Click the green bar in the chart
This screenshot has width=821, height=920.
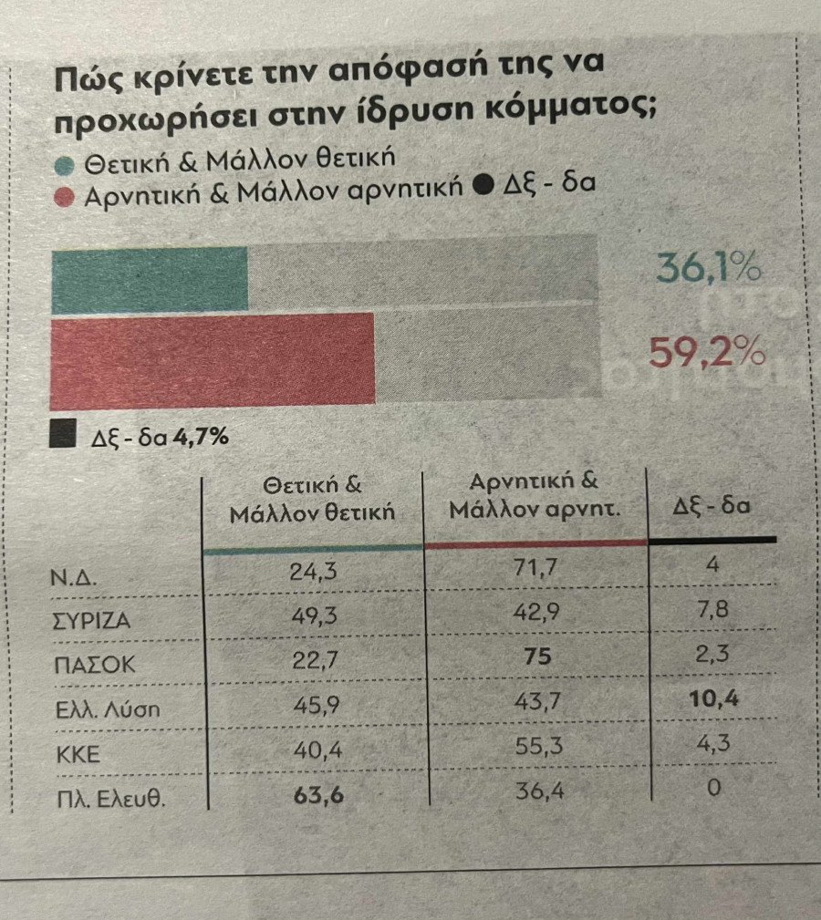click(150, 280)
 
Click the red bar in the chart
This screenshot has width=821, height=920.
click(213, 357)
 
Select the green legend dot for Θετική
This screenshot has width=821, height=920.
click(64, 165)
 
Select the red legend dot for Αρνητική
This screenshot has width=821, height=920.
click(64, 196)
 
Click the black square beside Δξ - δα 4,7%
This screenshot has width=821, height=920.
click(62, 435)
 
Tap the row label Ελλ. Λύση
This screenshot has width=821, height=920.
click(108, 709)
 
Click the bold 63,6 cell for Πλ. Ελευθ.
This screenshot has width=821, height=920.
click(318, 793)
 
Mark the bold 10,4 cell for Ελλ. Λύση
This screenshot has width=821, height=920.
click(714, 700)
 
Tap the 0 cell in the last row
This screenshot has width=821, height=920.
click(714, 787)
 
